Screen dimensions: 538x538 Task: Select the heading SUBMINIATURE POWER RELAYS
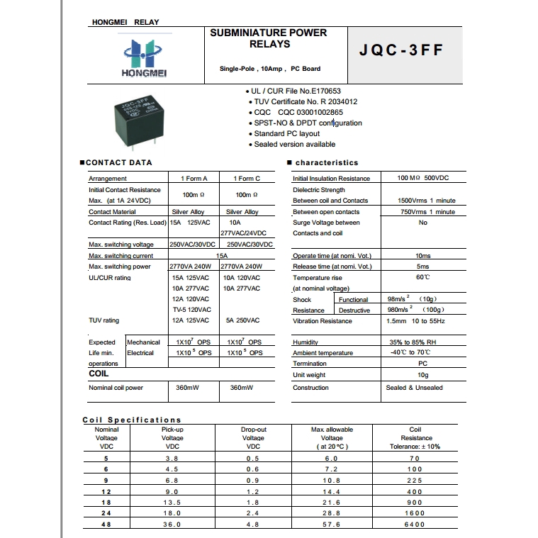[269, 38]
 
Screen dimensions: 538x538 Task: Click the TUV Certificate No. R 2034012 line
[306, 101]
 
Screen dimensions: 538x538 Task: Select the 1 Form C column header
[246, 179]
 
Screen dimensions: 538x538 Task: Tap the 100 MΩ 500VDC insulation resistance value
[422, 179]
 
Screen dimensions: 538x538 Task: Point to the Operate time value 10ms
[422, 256]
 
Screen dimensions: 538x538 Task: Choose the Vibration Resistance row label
[323, 321]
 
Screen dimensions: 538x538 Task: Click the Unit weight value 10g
[422, 375]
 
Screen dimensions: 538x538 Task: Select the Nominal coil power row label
[116, 388]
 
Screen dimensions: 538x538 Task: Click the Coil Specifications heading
[132, 420]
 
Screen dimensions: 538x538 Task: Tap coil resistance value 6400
[415, 525]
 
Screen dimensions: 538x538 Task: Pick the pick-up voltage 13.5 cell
[172, 502]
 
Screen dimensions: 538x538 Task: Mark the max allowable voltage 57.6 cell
[331, 525]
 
